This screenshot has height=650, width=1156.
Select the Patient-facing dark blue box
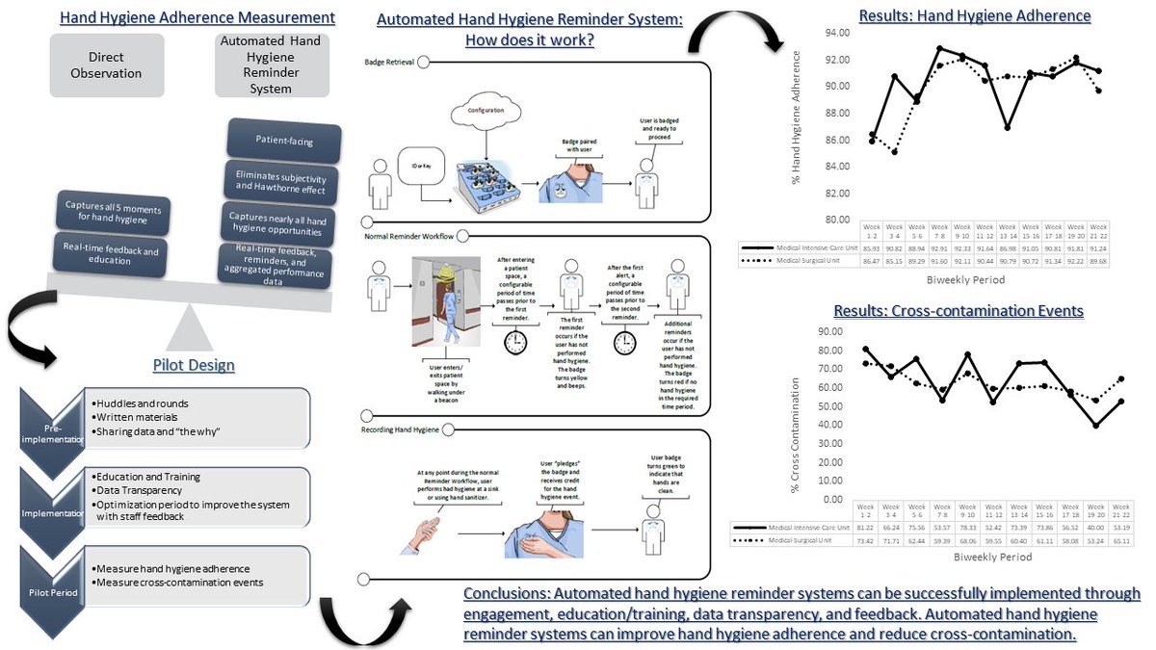coord(284,142)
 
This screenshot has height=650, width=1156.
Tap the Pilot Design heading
coord(193,365)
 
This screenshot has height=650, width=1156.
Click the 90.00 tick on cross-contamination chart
coord(829,331)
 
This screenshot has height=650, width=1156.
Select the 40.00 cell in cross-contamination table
coord(1094,528)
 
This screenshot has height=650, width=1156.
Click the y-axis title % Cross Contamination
coord(796,414)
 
